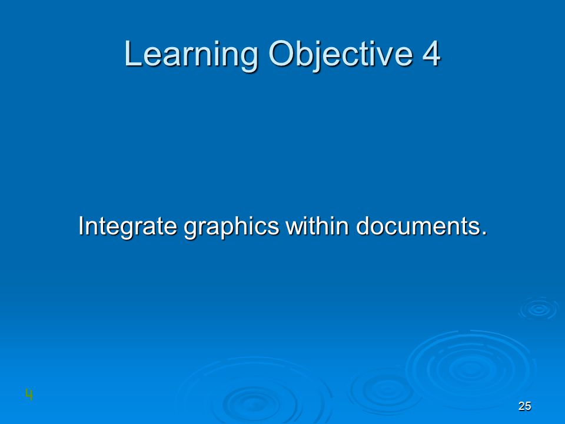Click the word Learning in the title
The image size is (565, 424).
tap(191, 55)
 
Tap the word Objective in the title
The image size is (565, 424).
tap(341, 55)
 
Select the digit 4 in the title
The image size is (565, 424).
tap(431, 53)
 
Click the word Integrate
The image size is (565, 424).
tap(128, 226)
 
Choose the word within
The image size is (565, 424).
tap(317, 226)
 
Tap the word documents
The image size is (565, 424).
tap(418, 226)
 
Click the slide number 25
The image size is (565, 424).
tap(524, 406)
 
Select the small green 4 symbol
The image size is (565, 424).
tap(29, 395)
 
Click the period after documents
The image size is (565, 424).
tap(484, 233)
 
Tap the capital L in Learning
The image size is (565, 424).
tap(132, 53)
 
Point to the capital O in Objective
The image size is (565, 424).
tap(281, 53)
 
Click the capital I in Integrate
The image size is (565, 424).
tap(81, 226)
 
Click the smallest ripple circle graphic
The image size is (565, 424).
tap(539, 309)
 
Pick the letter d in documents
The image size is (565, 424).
tap(363, 226)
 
